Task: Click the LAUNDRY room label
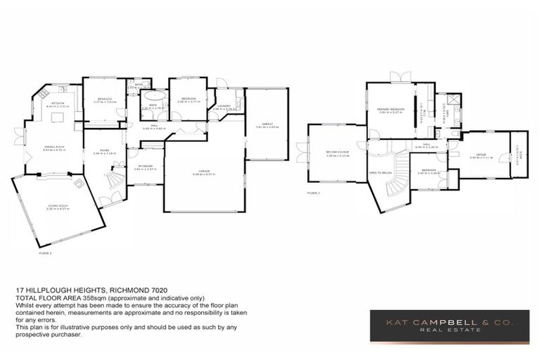225,106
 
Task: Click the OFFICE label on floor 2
481,154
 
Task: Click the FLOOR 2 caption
314,192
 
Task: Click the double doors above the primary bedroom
401,78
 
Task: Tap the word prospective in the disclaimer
37,334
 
